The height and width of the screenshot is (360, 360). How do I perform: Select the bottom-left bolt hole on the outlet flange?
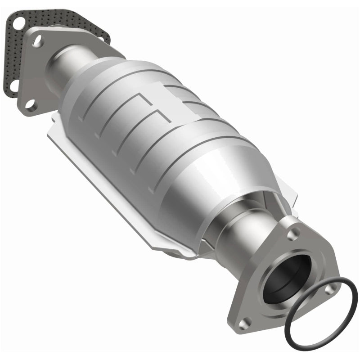(245, 322)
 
